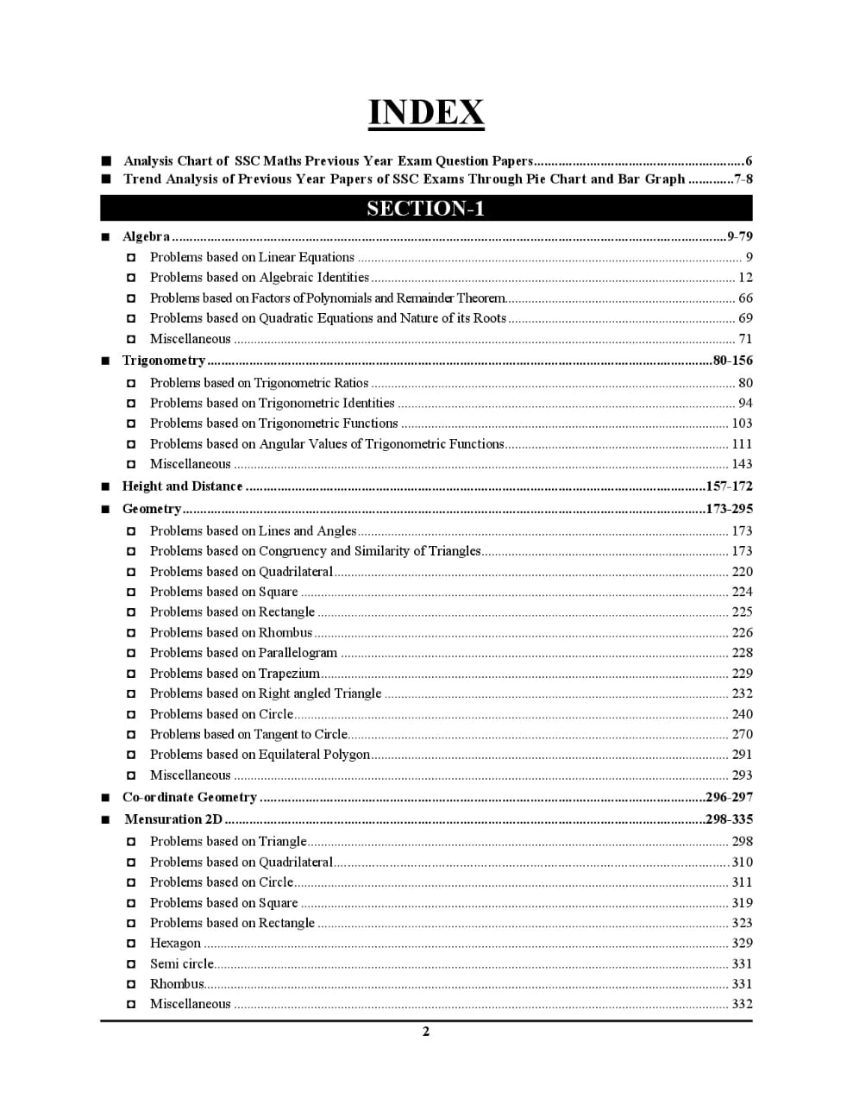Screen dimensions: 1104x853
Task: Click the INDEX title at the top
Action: click(x=426, y=113)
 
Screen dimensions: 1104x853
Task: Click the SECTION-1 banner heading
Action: click(x=426, y=209)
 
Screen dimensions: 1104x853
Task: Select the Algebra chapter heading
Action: click(x=147, y=236)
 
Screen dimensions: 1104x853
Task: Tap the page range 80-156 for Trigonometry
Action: click(x=732, y=361)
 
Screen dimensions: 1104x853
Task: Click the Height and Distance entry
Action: click(x=183, y=486)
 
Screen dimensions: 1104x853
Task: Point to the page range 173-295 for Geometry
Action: click(x=729, y=509)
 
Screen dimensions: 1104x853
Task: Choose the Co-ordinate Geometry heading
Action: click(x=190, y=798)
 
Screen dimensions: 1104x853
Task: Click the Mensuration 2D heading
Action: click(x=173, y=819)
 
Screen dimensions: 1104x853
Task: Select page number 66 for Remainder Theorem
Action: click(x=745, y=298)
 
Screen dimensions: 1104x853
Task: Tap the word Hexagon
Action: click(x=175, y=944)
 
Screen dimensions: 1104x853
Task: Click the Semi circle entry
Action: click(x=182, y=964)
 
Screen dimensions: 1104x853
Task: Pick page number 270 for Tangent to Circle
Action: click(x=742, y=735)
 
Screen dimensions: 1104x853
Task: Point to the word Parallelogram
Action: click(x=298, y=653)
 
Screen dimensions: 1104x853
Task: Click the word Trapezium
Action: click(x=289, y=674)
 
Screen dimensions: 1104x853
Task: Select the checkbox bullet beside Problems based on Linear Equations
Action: click(x=131, y=258)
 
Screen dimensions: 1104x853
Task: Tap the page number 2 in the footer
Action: click(x=426, y=1032)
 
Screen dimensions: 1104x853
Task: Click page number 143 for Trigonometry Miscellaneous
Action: click(x=742, y=464)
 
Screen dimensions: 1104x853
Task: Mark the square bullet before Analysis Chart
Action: click(x=106, y=161)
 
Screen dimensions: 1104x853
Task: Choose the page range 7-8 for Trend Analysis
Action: click(x=743, y=179)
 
